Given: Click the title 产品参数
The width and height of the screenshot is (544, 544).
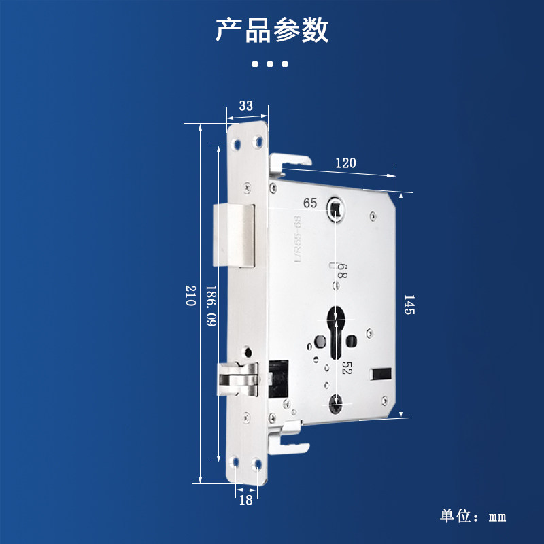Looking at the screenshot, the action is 272,31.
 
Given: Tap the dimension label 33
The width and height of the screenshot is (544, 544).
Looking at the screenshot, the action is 245,105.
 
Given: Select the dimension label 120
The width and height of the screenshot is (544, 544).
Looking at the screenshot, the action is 346,163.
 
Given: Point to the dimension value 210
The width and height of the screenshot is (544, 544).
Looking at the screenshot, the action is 191,296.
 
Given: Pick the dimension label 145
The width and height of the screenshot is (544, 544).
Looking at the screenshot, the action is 409,305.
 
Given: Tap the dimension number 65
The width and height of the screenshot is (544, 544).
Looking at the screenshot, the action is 310,203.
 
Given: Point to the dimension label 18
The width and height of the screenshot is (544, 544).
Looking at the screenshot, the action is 245,500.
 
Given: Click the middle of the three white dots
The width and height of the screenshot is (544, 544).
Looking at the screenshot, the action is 271,65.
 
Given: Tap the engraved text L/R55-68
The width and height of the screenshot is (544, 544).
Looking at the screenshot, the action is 297,237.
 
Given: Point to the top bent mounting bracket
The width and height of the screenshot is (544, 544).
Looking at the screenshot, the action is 290,164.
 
